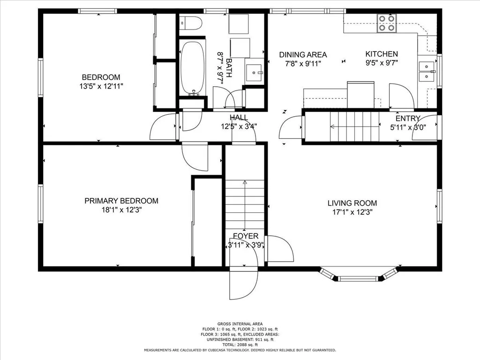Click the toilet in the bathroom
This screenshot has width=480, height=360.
pyautogui.click(x=191, y=23)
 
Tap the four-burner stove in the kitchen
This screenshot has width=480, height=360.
pyautogui.click(x=387, y=23)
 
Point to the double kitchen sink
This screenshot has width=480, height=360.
pyautogui.click(x=427, y=71)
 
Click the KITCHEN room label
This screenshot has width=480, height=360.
pyautogui.click(x=382, y=54)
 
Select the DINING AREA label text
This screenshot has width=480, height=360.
pyautogui.click(x=303, y=55)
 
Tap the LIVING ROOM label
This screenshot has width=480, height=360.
pyautogui.click(x=352, y=203)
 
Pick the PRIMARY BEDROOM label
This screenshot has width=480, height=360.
pyautogui.click(x=121, y=201)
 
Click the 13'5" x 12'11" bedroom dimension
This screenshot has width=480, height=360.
pyautogui.click(x=101, y=86)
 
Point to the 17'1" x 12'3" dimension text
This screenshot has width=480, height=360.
pyautogui.click(x=352, y=212)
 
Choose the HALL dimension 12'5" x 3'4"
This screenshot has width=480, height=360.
pyautogui.click(x=239, y=126)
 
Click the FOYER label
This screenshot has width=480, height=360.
pyautogui.click(x=246, y=236)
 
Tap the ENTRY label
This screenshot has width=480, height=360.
pyautogui.click(x=408, y=119)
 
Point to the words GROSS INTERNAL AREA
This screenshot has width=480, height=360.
pyautogui.click(x=240, y=324)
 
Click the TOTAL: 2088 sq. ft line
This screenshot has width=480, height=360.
pyautogui.click(x=240, y=345)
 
